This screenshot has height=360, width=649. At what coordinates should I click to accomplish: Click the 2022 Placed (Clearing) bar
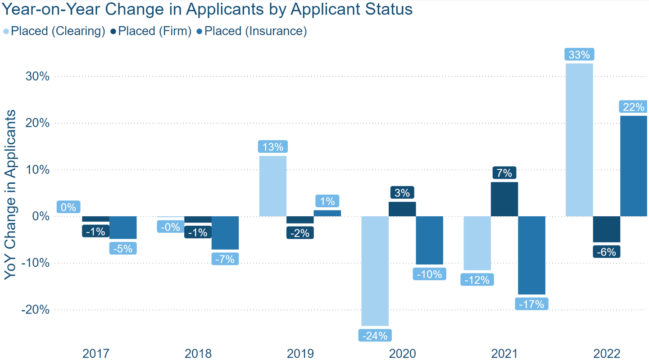tap(579, 140)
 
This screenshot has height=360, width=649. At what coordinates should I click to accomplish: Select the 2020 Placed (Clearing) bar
tap(375, 271)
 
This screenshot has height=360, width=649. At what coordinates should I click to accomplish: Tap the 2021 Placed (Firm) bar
tap(504, 199)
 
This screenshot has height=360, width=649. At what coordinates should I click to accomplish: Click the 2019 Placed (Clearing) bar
tap(273, 186)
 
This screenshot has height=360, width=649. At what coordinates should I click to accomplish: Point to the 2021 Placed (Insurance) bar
tap(531, 255)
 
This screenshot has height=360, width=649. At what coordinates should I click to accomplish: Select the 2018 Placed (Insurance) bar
tap(225, 232)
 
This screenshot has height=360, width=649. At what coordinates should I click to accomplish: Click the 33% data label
tap(579, 55)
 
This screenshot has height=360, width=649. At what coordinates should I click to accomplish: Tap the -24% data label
tap(375, 336)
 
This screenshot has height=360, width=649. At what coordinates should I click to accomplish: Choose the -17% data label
tap(531, 304)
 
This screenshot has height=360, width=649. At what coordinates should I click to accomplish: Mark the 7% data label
tap(504, 173)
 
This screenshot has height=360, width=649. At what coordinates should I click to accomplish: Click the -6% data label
tap(606, 252)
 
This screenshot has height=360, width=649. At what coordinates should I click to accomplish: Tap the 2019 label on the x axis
tap(300, 353)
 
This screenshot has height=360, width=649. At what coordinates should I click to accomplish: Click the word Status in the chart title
tap(390, 9)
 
